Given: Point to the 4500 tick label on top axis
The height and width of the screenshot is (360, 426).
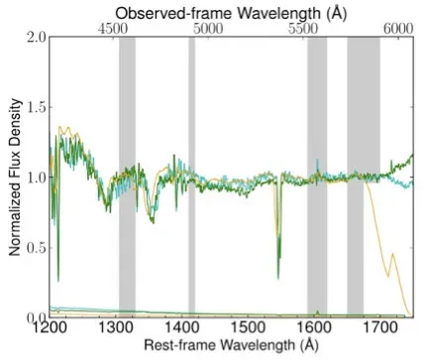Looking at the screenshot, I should point(117,30).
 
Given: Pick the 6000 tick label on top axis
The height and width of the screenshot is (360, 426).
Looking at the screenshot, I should point(396,30).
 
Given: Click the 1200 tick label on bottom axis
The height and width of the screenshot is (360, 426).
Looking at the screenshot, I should point(49,328).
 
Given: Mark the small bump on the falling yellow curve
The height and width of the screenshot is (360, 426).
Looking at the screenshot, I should point(393,254).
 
